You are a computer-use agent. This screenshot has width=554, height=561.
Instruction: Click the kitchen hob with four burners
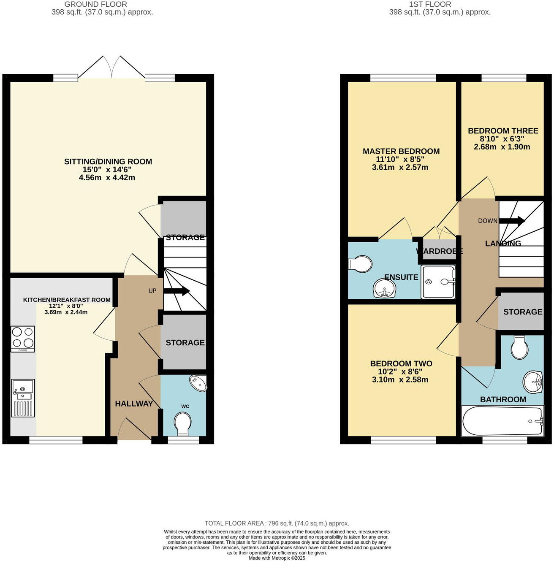(x=23, y=339)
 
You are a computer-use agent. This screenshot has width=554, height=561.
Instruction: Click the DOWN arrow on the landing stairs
(x=512, y=220)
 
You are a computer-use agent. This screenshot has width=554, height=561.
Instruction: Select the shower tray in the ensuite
(x=438, y=282)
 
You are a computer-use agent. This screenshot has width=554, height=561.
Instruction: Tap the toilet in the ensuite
(x=359, y=264)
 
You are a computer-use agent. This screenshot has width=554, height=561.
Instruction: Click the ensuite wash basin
(x=385, y=289)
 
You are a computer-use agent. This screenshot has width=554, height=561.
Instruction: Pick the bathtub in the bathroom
(x=502, y=421)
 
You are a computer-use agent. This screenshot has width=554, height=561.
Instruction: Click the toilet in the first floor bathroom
(x=519, y=347)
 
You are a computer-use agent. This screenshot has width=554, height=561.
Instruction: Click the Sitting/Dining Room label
(x=108, y=161)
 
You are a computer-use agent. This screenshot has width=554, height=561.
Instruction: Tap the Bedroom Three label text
(x=502, y=131)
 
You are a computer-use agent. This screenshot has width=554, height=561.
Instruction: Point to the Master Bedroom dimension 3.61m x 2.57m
(x=400, y=167)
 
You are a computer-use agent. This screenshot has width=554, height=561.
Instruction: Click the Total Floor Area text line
(x=277, y=523)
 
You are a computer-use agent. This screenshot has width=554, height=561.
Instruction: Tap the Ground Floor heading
(x=95, y=4)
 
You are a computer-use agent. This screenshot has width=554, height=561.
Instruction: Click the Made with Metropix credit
(x=277, y=558)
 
